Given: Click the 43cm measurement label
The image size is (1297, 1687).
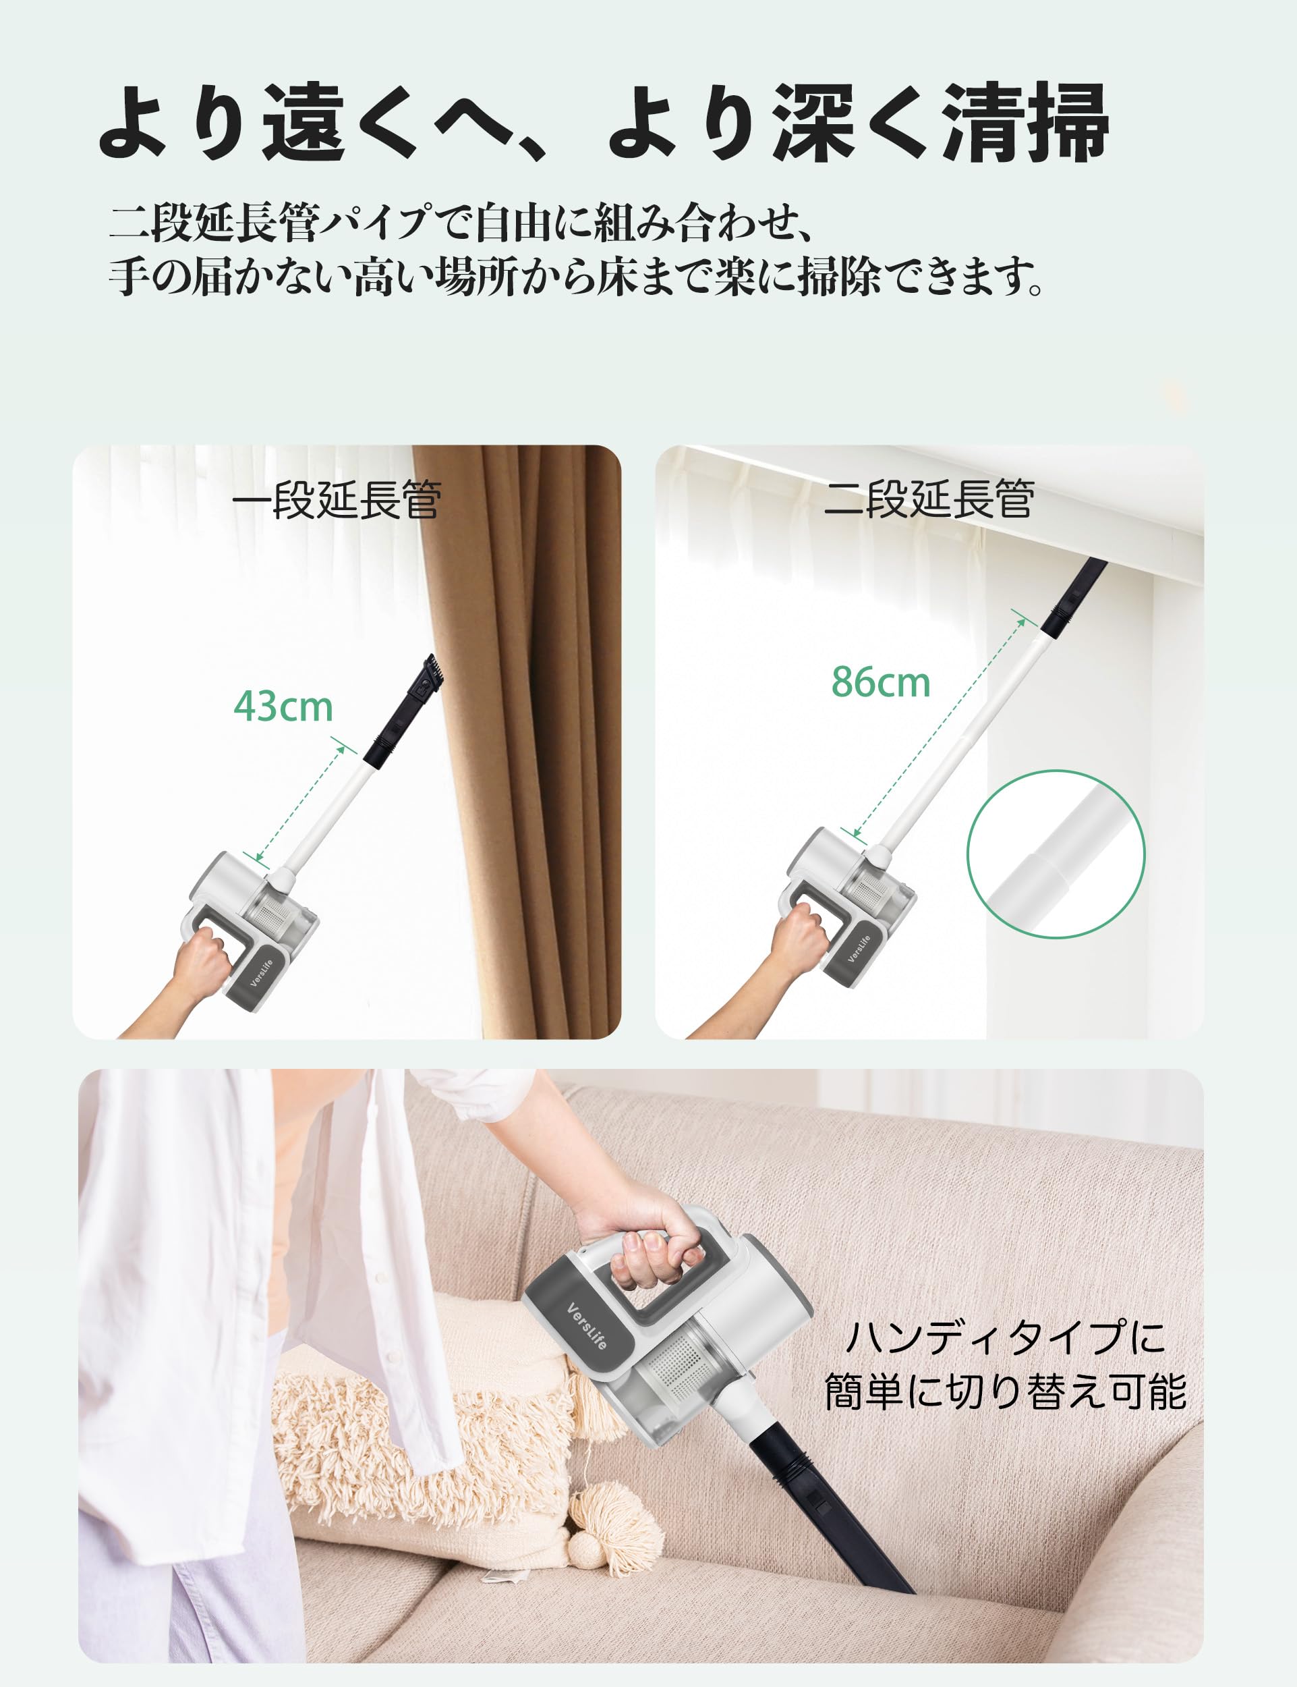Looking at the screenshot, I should pos(283,706).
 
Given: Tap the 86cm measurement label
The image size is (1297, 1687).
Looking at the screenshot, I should pos(881,682).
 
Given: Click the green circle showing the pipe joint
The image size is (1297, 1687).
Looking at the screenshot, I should pos(1056,854).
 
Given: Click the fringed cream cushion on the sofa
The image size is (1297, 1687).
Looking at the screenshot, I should pos(417,1452).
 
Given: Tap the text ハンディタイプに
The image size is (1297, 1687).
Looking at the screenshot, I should pos(1005,1337).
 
